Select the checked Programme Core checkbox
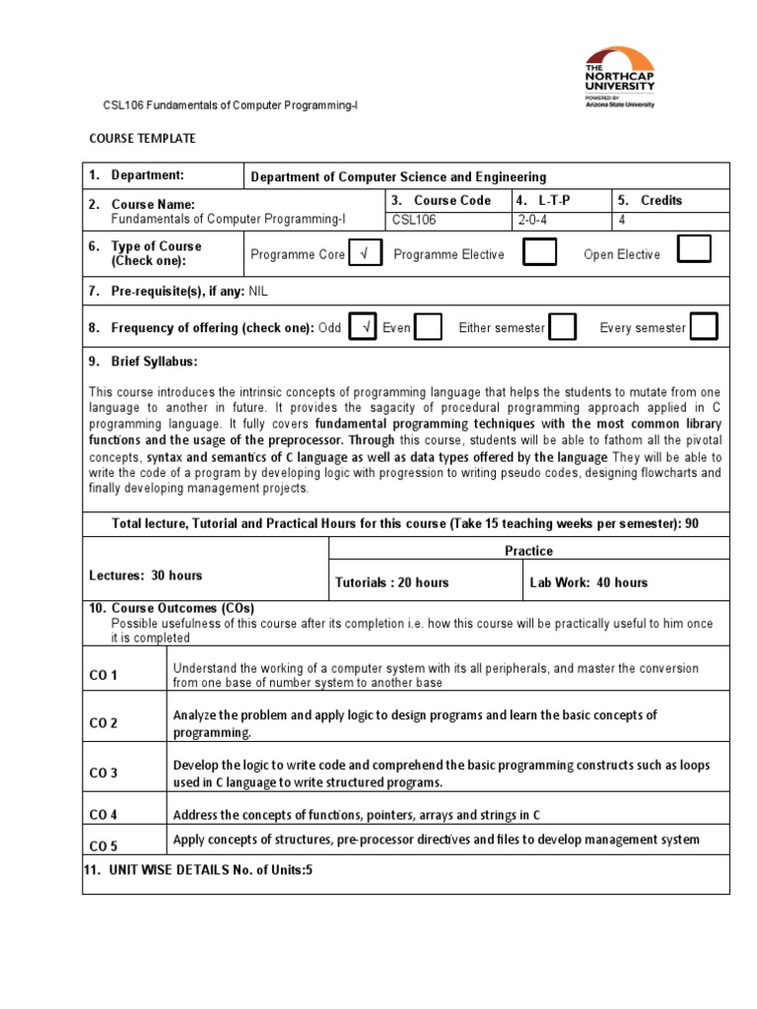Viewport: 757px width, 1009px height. click(x=365, y=254)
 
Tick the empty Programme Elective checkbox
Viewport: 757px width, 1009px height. click(x=538, y=253)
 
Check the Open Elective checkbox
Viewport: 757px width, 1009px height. click(x=694, y=250)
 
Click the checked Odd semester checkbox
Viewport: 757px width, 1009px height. click(x=362, y=327)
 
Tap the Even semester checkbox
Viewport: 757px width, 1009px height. click(x=428, y=328)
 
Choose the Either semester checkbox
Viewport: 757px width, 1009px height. click(x=562, y=328)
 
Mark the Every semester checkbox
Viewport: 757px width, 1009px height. click(x=704, y=326)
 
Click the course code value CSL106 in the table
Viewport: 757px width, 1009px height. click(x=412, y=221)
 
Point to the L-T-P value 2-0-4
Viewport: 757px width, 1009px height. click(x=532, y=221)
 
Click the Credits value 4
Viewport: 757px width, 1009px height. click(x=621, y=221)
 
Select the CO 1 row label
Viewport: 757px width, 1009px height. click(x=103, y=676)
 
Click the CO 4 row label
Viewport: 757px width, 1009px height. click(x=103, y=815)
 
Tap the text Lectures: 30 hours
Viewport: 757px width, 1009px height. click(x=146, y=574)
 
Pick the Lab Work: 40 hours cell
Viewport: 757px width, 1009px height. click(x=588, y=582)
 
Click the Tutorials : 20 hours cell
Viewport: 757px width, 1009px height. click(x=392, y=582)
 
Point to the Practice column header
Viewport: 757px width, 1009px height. click(x=528, y=551)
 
